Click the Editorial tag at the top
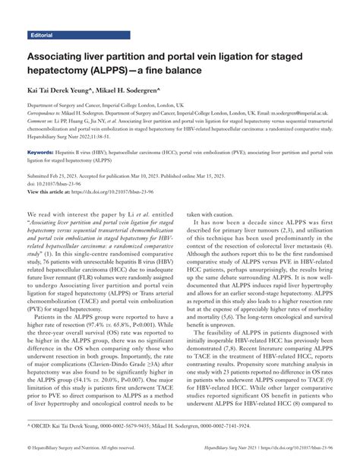44,35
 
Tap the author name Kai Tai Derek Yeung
60,89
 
